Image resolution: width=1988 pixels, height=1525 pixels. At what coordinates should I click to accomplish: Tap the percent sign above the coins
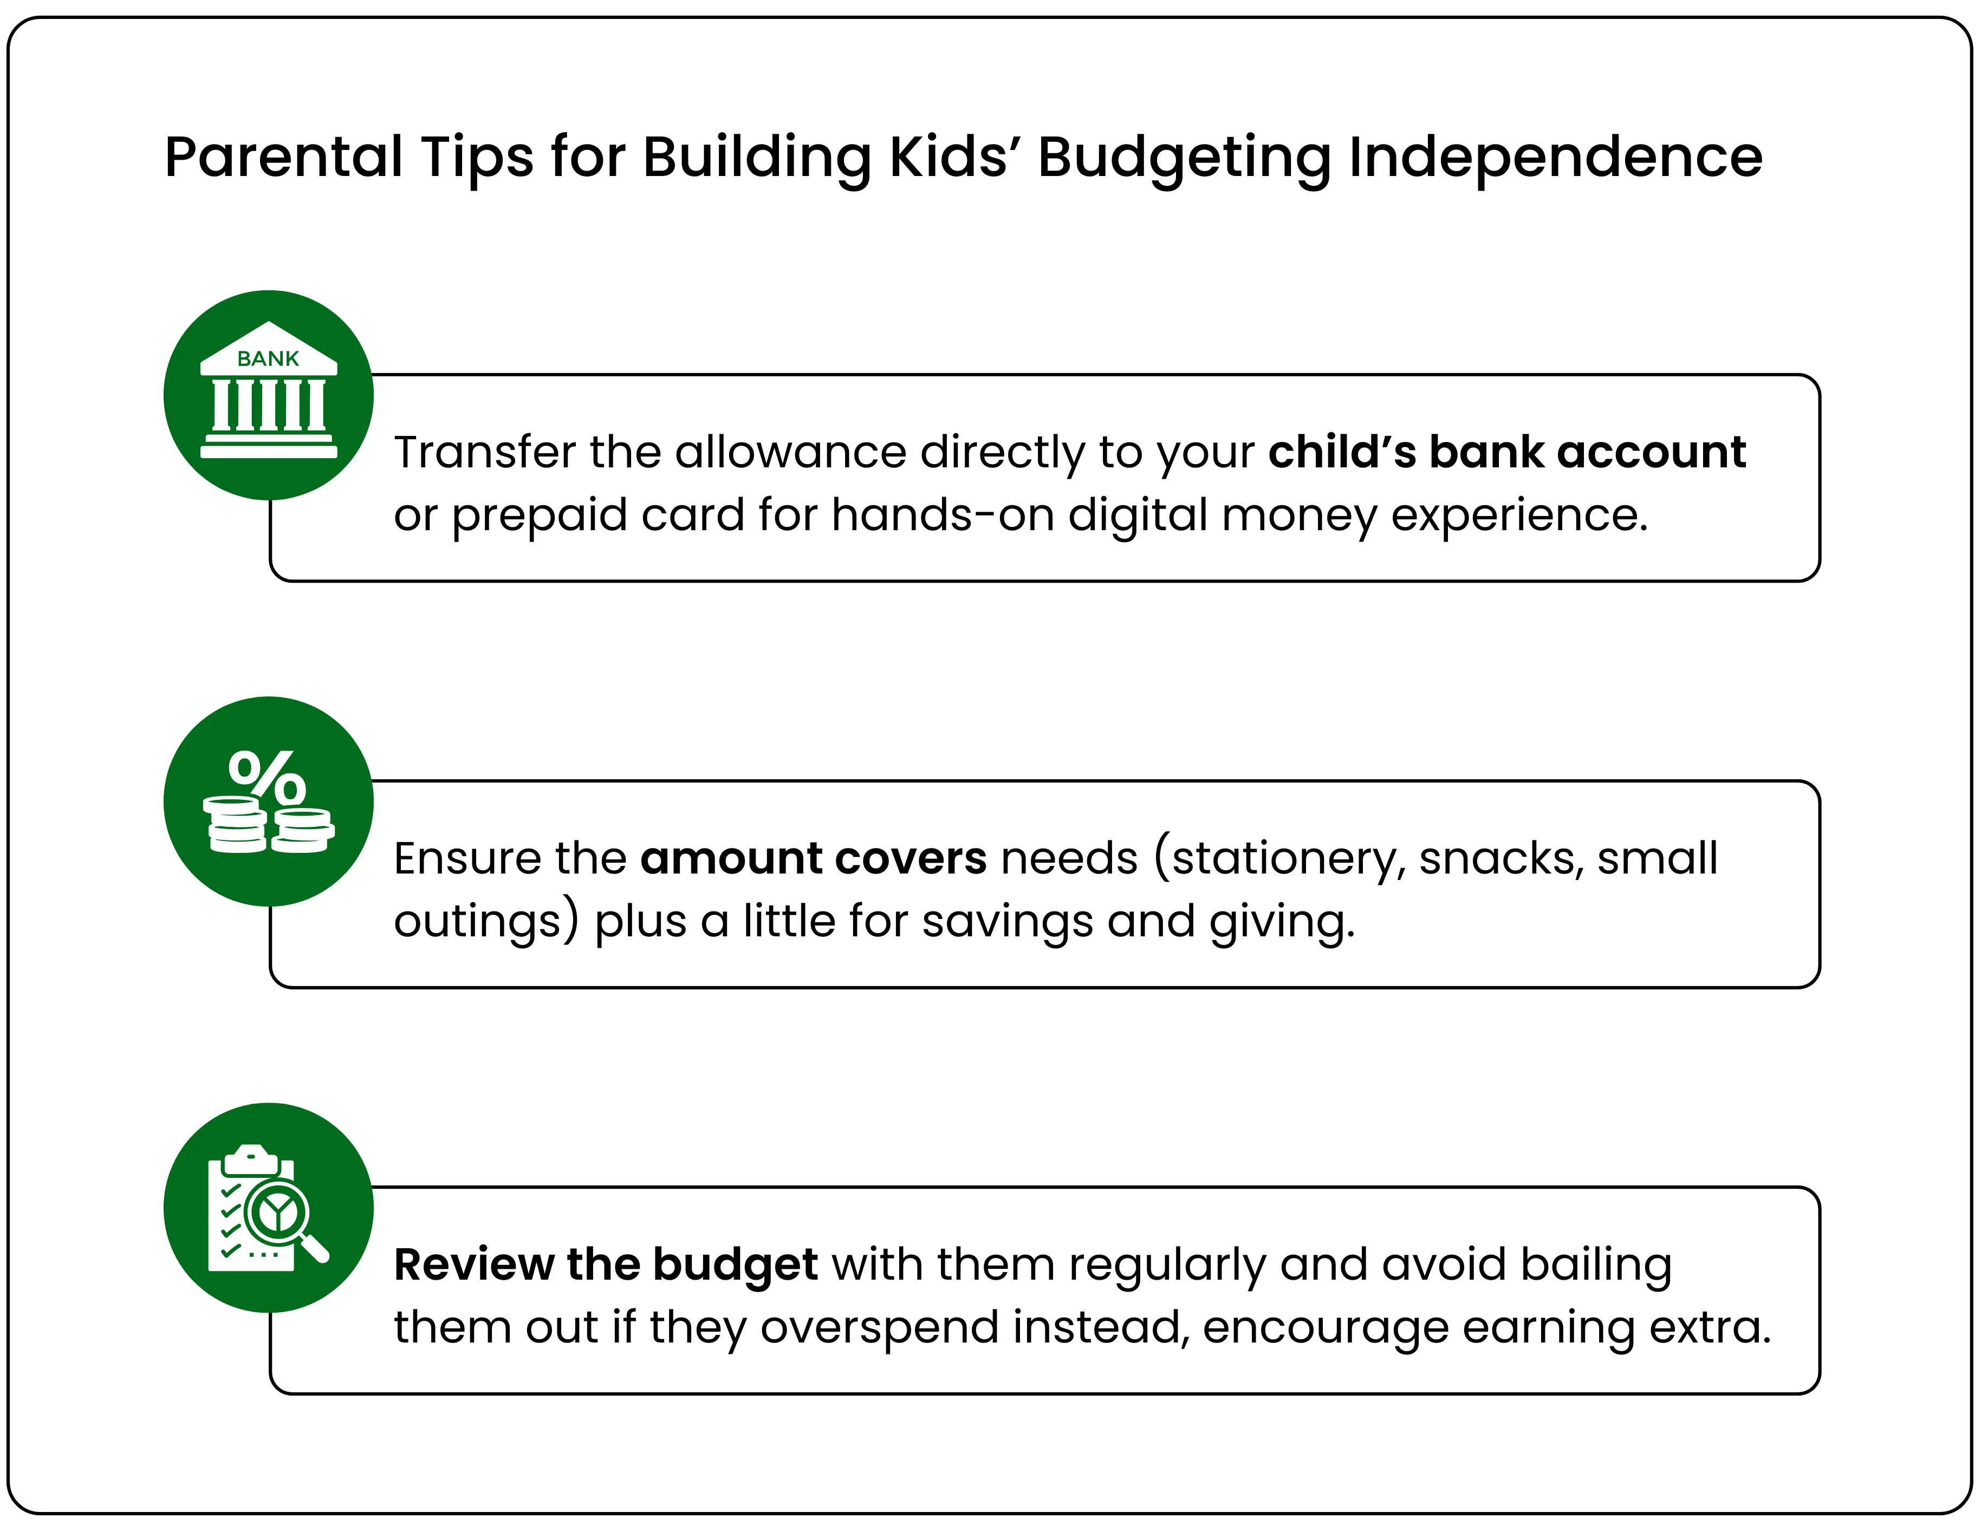(x=267, y=776)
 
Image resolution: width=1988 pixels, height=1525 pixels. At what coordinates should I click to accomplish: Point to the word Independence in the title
(x=1555, y=157)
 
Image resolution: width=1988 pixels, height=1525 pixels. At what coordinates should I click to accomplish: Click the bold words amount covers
(x=814, y=858)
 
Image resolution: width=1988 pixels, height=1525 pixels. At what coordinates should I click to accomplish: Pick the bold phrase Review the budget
(x=606, y=1265)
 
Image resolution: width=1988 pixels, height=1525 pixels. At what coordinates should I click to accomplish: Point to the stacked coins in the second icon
(x=269, y=826)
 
